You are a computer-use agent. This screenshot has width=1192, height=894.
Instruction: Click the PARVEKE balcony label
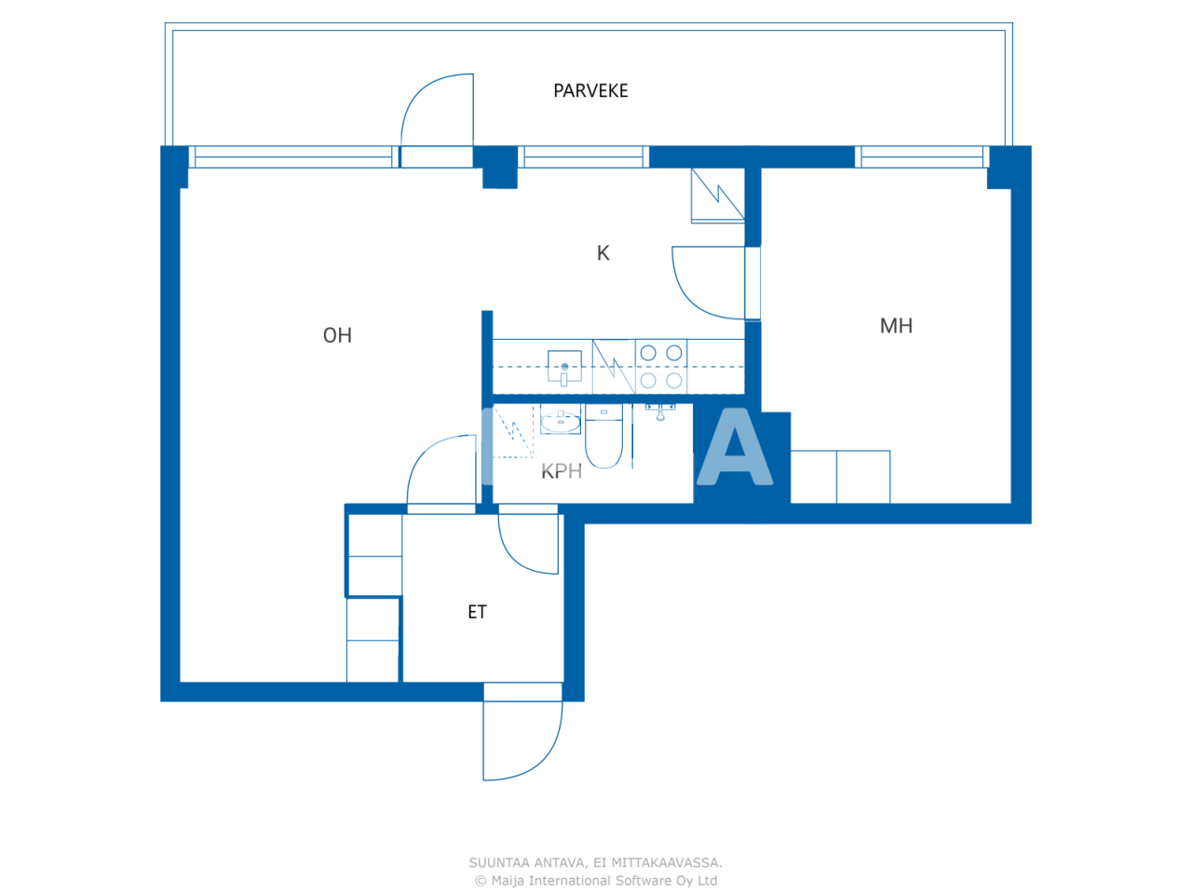click(x=590, y=90)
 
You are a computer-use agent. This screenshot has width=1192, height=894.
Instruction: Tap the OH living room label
click(x=337, y=335)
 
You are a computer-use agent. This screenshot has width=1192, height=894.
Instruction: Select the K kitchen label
click(x=603, y=253)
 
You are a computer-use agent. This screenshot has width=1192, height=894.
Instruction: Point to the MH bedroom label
click(x=896, y=326)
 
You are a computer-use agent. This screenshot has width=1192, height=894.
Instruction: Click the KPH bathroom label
click(x=562, y=471)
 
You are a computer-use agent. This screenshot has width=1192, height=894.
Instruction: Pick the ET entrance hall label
click(x=477, y=612)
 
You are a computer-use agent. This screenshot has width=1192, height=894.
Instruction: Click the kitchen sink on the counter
click(x=564, y=366)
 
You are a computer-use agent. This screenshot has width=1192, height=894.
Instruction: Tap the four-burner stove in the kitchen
click(x=661, y=366)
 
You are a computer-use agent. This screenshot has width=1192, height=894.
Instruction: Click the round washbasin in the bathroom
click(x=561, y=422)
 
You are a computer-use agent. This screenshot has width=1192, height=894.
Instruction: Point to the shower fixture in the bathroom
click(x=660, y=412)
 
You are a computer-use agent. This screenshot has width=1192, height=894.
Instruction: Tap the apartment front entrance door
click(x=521, y=736)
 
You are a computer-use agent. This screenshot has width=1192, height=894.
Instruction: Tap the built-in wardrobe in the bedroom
click(x=840, y=477)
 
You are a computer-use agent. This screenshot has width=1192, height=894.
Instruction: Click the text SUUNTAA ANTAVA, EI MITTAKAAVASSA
click(x=595, y=862)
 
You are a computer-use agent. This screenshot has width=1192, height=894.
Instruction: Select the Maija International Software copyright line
click(x=595, y=881)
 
